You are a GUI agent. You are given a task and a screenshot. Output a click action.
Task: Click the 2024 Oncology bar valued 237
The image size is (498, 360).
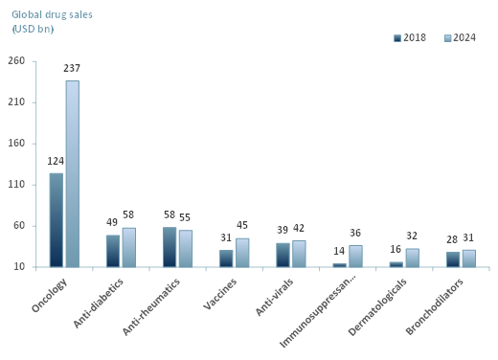72,173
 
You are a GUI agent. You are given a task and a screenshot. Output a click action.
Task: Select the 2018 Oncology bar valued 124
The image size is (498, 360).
57,220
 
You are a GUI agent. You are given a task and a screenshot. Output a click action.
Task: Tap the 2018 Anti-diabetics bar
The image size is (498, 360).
113,251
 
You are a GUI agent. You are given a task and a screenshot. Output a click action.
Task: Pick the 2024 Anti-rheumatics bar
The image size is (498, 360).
186,249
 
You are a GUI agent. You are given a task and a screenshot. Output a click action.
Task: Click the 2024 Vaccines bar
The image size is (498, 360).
242,253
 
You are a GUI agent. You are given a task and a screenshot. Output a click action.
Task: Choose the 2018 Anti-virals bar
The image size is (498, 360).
283,255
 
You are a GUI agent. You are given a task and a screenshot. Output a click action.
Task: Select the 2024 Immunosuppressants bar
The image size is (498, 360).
355,257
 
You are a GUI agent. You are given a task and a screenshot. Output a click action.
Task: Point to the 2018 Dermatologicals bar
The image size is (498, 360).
396,264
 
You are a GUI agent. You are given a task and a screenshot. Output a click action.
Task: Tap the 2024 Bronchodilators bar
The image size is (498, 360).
468,259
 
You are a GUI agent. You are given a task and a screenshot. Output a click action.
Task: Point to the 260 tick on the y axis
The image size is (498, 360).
16,61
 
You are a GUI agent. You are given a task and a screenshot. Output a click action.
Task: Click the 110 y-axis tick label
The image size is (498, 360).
16,185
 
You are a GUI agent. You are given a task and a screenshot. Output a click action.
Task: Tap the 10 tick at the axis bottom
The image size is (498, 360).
19,267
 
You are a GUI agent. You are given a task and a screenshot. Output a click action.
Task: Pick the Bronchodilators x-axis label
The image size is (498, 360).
435,306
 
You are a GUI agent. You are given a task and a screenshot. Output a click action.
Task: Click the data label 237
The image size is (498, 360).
72,69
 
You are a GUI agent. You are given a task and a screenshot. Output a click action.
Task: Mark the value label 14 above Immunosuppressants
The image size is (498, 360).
339,252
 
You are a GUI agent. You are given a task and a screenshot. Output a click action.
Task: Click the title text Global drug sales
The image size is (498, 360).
52,14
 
